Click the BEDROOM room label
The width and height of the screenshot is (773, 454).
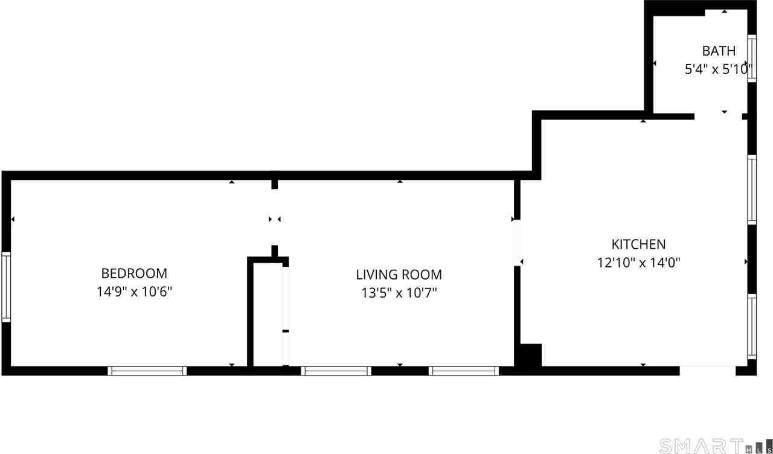[x=134, y=273]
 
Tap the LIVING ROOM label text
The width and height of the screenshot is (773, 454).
[x=399, y=275]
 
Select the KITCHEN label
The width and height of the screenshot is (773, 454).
[x=638, y=245]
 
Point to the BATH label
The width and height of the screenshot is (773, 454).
[x=719, y=51]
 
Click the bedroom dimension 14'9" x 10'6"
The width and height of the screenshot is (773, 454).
[x=134, y=292]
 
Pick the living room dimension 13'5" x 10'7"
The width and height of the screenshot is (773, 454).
[x=399, y=293]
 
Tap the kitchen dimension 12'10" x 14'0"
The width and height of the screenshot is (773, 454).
[x=638, y=263]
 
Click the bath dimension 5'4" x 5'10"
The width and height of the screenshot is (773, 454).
[x=717, y=69]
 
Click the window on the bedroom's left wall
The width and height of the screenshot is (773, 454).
[x=6, y=286]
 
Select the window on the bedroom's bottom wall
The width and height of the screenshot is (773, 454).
[x=147, y=371]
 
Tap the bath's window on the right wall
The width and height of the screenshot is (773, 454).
[x=752, y=59]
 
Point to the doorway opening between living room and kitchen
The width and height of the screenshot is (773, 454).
[x=517, y=243]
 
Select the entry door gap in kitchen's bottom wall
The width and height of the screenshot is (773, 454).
[x=708, y=370]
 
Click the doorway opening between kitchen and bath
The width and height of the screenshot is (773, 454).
[x=718, y=115]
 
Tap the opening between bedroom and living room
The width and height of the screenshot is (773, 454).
[x=275, y=218]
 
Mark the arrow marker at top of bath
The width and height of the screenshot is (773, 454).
[x=724, y=12]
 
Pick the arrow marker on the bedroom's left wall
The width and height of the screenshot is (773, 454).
[x=13, y=219]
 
